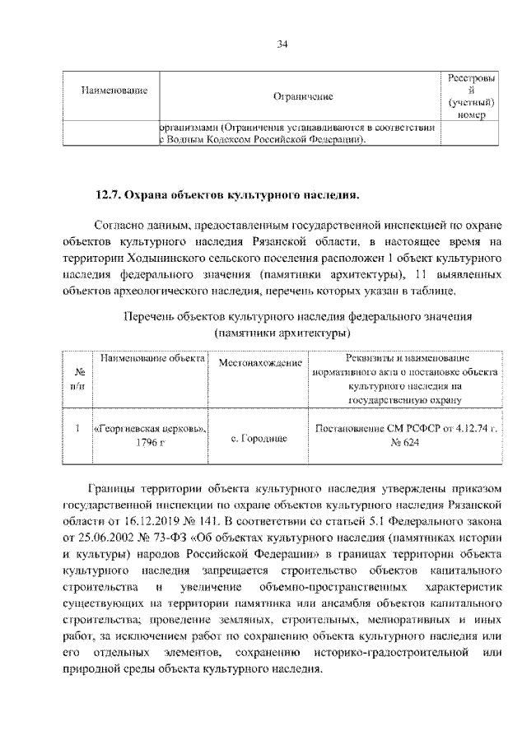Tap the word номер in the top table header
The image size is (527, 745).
tap(470, 116)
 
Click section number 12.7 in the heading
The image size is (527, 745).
tap(110, 196)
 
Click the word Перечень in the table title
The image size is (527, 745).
tap(150, 317)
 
